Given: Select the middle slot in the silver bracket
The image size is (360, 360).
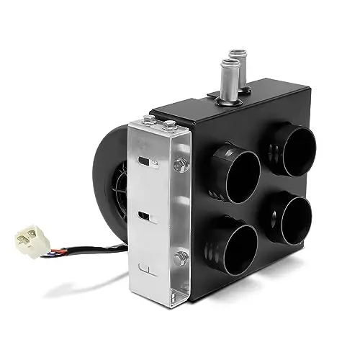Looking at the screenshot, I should (x=145, y=216).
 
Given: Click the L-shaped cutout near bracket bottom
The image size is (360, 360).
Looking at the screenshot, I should (x=145, y=272).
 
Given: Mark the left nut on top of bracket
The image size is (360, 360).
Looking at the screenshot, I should (x=149, y=120).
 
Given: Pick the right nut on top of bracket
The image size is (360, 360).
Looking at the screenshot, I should (x=168, y=125).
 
